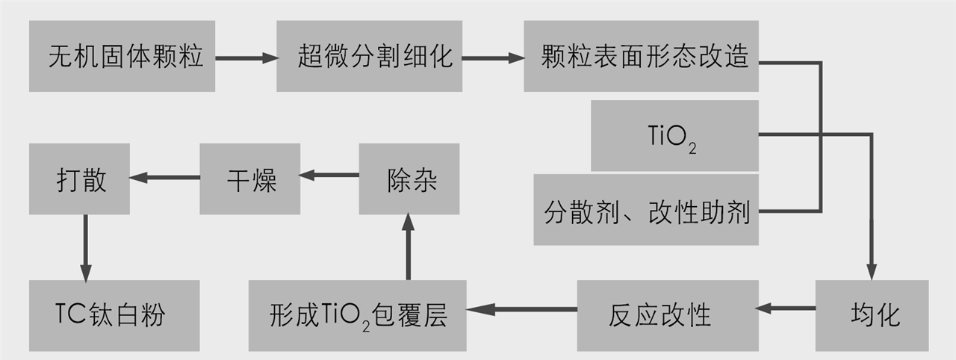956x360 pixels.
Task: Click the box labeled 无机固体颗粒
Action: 122,56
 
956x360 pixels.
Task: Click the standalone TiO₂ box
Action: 674,136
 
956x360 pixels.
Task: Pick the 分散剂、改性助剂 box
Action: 646,211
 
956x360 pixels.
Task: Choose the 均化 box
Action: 872,315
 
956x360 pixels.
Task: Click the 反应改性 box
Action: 666,315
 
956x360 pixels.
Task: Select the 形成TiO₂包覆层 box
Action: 357,315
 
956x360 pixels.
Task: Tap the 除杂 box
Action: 409,179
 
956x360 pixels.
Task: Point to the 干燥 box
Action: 249,179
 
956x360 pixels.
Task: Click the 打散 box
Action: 79,179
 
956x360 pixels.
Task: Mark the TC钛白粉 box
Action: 114,315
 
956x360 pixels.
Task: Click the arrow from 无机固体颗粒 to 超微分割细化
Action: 246,57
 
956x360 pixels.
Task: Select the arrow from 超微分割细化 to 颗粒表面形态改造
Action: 491,57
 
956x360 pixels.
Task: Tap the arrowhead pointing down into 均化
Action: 871,273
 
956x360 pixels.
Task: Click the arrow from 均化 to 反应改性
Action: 786,308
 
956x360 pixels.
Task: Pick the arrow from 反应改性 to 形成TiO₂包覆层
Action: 521,308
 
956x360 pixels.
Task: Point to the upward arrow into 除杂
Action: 409,246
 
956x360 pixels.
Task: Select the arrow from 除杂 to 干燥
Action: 329,176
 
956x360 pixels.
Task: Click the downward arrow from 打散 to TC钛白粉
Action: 85,246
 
